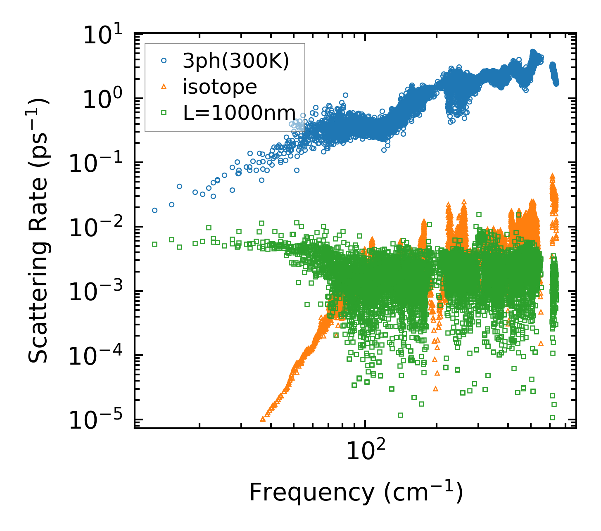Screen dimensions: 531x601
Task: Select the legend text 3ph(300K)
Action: pos(236,62)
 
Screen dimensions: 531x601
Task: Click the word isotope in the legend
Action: pos(220,87)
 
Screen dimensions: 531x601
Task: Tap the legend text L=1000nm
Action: pos(239,112)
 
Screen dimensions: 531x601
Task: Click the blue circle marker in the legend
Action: pos(164,61)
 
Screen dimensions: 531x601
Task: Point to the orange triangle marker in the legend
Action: pos(164,86)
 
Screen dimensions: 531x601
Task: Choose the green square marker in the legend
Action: pos(164,112)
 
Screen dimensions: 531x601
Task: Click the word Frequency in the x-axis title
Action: pos(311,492)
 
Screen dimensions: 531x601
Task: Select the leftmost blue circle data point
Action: pos(155,210)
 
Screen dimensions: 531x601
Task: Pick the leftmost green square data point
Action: pos(155,244)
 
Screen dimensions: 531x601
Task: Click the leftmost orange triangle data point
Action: pos(263,419)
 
